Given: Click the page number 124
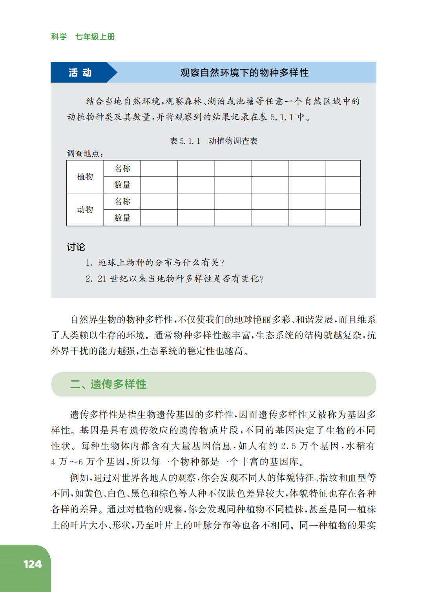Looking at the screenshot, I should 33,564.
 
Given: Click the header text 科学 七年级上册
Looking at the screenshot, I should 83,37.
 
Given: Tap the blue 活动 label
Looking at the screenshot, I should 80,73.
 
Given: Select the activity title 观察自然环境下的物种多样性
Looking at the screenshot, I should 244,73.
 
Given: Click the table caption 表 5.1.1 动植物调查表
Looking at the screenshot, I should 213,141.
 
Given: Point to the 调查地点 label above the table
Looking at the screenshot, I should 85,153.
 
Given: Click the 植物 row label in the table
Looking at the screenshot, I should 85,177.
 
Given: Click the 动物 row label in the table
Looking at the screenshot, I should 85,210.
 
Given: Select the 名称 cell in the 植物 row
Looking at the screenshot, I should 122,168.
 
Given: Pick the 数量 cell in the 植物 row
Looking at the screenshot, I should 122,185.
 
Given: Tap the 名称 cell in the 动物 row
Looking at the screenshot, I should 122,201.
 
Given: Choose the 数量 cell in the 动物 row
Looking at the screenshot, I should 122,218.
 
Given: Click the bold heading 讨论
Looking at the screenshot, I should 76,247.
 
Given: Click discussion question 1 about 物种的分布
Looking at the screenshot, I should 155,263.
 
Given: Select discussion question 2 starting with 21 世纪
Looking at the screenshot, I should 175,279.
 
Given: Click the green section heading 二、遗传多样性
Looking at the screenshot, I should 108,384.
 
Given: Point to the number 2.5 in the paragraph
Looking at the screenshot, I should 288,446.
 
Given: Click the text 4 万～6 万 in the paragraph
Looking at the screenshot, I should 73,462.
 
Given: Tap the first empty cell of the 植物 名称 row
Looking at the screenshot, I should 159,168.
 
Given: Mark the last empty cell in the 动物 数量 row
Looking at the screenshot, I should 343,218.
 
